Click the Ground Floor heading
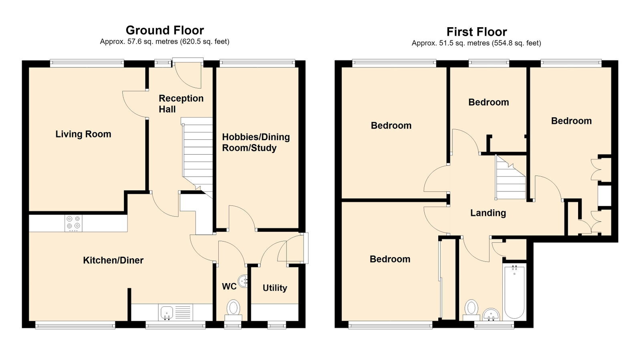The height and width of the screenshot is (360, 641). pyautogui.click(x=165, y=30)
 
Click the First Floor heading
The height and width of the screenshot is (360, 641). pyautogui.click(x=477, y=32)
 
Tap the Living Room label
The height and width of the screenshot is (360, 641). pyautogui.click(x=83, y=134)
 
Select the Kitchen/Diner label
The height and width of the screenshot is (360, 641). pyautogui.click(x=113, y=260)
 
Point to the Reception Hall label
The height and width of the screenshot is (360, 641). pyautogui.click(x=181, y=103)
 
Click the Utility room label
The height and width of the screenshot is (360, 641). pyautogui.click(x=275, y=288)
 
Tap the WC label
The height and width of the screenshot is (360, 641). pyautogui.click(x=229, y=286)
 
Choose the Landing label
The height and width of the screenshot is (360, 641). pyautogui.click(x=488, y=213)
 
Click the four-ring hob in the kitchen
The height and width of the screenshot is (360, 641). pyautogui.click(x=73, y=223)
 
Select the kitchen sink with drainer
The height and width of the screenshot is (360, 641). pyautogui.click(x=175, y=312)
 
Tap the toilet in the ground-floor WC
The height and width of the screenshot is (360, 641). pyautogui.click(x=233, y=310)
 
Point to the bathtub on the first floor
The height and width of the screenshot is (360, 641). pyautogui.click(x=514, y=292)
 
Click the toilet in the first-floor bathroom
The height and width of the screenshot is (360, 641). pyautogui.click(x=471, y=310)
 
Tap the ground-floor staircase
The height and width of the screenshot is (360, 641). pyautogui.click(x=198, y=157)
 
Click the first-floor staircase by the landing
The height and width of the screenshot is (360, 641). pyautogui.click(x=510, y=177)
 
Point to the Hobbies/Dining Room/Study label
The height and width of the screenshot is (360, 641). pyautogui.click(x=256, y=143)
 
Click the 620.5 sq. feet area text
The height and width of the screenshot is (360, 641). pyautogui.click(x=205, y=42)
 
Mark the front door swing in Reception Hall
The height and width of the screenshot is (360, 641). pyautogui.click(x=188, y=77)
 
